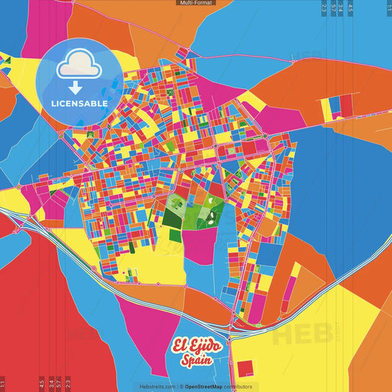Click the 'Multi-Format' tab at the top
click(196, 3)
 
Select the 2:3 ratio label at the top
click(324, 7)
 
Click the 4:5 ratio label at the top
click(350, 7)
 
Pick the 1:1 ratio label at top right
click(388, 7)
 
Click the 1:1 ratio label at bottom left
click(3, 384)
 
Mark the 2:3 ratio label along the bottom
click(68, 382)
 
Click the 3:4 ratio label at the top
click(341, 7)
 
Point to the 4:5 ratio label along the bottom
click(42, 382)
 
